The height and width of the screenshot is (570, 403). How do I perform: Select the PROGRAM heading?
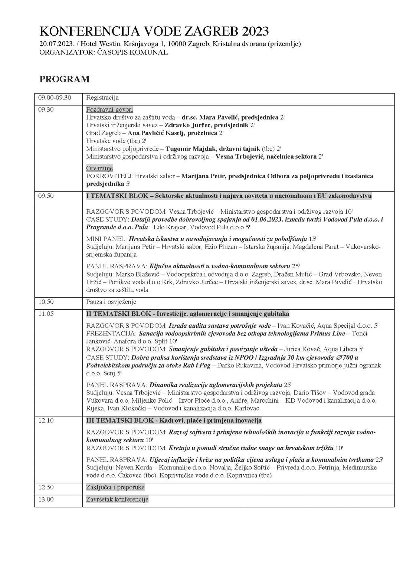point(65,79)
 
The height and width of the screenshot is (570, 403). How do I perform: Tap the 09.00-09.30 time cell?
point(55,98)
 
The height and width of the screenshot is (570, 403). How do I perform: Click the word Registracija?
point(102,98)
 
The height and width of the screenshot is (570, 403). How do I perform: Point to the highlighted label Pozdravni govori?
point(109,109)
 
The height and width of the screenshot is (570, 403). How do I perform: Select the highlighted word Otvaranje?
point(99,168)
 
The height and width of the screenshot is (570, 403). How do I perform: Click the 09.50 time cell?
point(46,196)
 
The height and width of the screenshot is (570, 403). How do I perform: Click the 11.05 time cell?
point(46,314)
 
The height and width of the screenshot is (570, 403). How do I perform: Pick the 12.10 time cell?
point(46,421)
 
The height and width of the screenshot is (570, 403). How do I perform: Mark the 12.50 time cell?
point(46,487)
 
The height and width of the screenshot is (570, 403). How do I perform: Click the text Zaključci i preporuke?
point(115,487)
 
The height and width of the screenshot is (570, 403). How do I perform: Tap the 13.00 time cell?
point(46,499)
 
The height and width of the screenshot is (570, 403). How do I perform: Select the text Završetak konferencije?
point(117,499)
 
